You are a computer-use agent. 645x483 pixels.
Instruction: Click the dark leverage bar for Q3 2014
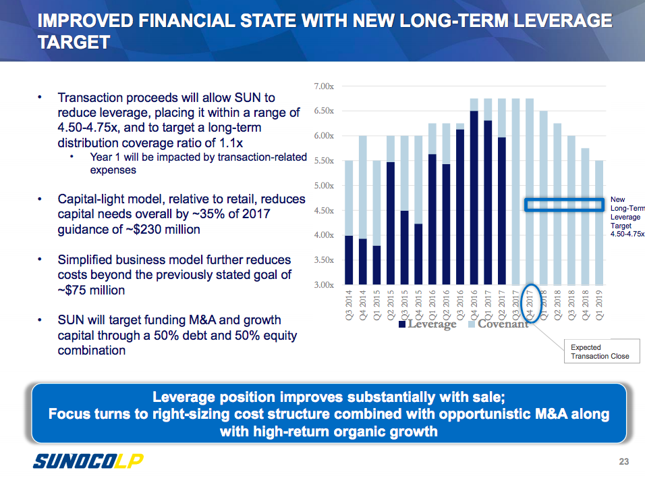[348, 260]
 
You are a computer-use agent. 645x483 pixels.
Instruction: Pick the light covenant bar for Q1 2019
[599, 223]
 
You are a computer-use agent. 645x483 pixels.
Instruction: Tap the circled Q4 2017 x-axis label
[531, 306]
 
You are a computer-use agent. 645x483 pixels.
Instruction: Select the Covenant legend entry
[503, 324]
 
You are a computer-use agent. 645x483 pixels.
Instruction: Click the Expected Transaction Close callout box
[600, 351]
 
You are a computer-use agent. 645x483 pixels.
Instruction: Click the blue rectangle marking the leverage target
[564, 205]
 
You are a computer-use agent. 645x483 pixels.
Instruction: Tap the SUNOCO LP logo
[88, 461]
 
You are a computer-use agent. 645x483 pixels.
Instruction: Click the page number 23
[624, 462]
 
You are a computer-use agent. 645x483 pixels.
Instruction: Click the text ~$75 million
[92, 290]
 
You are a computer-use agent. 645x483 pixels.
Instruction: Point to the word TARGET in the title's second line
[74, 43]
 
